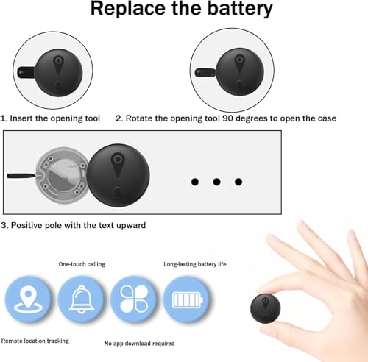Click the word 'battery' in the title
point(240,10)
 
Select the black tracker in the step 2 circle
point(240,71)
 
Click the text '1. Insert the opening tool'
point(50,118)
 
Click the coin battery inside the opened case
point(64,176)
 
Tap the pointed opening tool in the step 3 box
point(21,176)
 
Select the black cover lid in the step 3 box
point(118,175)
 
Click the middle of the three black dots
point(216,182)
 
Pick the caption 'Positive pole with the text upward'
point(78,225)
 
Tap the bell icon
point(82,299)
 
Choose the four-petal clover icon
point(134,299)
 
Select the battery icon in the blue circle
point(188,299)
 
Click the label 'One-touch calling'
point(82,264)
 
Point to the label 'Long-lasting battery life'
point(195,264)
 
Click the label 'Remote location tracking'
point(35,341)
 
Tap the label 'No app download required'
point(139,344)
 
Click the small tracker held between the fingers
point(266,308)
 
